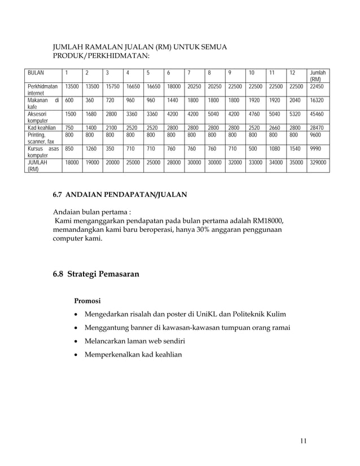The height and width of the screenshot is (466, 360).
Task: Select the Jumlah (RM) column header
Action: pos(318,76)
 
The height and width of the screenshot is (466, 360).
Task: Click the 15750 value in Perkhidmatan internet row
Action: pos(112,86)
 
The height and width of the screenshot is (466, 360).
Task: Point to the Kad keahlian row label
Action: pos(42,129)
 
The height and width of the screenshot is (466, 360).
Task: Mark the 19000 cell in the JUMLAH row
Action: pos(93,162)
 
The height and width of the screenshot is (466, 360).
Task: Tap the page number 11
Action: pos(303,441)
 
